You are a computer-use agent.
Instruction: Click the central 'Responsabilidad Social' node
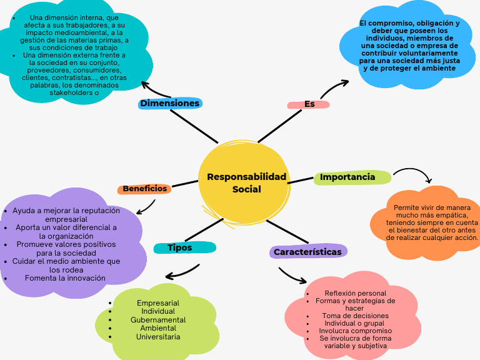coord(246,182)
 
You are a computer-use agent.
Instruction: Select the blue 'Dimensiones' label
coord(169,103)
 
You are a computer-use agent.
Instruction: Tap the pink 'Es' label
coord(309,104)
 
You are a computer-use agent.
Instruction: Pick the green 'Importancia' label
coord(347,177)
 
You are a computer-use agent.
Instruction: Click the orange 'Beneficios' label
coord(144,189)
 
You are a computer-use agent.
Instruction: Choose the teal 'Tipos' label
coord(180,247)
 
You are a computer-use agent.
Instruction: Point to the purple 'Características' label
coord(308,252)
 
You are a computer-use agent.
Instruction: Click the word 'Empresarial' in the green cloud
coord(158,303)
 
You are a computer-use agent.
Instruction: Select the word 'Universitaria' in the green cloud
coord(158,337)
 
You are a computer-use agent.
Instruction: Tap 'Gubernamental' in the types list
coord(158,320)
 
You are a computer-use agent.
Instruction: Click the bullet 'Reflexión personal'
coord(355,293)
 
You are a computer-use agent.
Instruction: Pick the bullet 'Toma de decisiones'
coord(355,316)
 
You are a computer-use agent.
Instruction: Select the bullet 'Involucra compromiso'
coord(355,331)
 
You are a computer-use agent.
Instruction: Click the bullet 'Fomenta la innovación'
coord(65,278)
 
